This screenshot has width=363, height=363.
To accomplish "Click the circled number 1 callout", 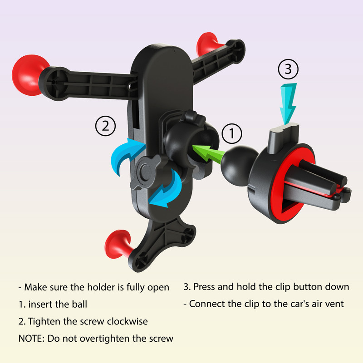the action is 232,133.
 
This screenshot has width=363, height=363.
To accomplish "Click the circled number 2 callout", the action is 105,126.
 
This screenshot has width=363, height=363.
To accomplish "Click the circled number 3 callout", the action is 288,69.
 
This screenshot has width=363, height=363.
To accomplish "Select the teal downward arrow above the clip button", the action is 288,103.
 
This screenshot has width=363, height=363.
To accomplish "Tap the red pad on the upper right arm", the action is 208,44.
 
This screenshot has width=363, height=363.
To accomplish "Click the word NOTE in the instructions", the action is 31,338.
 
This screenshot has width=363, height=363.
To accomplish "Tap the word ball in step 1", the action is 80,304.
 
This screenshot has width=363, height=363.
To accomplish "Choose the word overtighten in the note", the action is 105,338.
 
